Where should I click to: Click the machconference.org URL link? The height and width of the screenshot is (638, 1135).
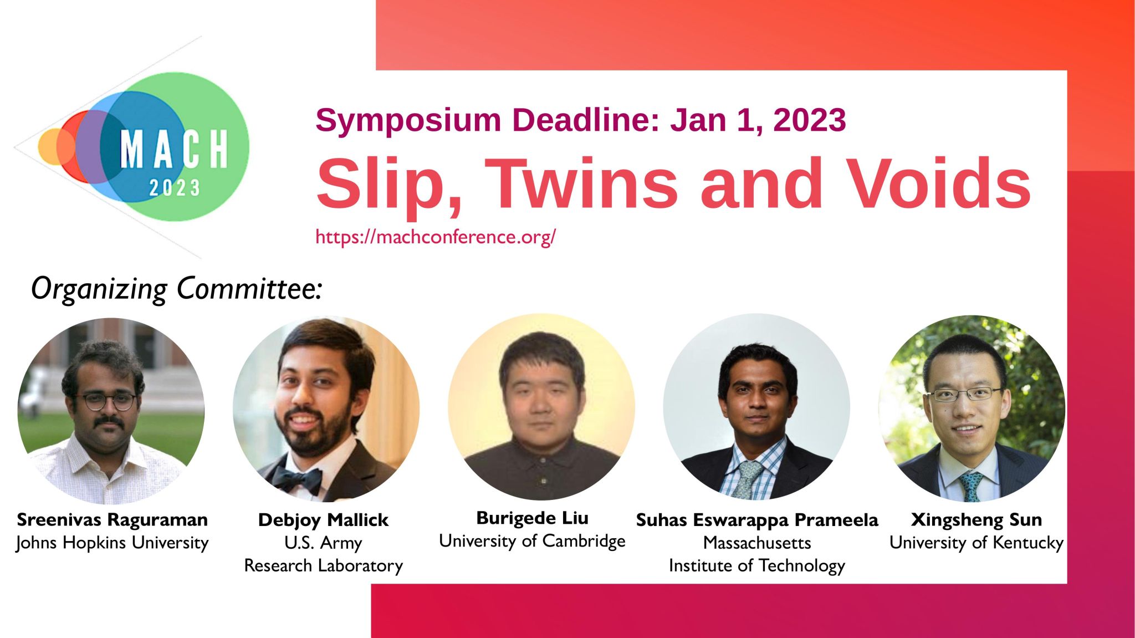point(436,237)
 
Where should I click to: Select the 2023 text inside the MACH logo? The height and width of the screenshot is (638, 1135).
point(175,188)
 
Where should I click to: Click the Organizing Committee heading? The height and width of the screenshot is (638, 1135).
point(176,289)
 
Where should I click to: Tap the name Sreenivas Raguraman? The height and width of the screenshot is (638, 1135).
point(113,520)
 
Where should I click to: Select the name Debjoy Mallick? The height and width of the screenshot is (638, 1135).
point(323,520)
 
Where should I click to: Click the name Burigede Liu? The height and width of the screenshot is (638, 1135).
point(532,518)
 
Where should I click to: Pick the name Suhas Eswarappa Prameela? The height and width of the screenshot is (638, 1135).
point(757,520)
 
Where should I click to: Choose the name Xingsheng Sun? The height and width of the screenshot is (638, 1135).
point(976,520)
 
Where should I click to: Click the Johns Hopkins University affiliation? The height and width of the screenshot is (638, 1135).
point(113,543)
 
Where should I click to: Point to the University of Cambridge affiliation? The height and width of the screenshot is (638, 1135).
point(532,541)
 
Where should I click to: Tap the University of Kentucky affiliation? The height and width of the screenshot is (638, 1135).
point(976,543)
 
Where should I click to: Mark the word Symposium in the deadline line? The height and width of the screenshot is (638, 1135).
point(408,120)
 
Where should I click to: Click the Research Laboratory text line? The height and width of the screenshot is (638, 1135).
point(324,566)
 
